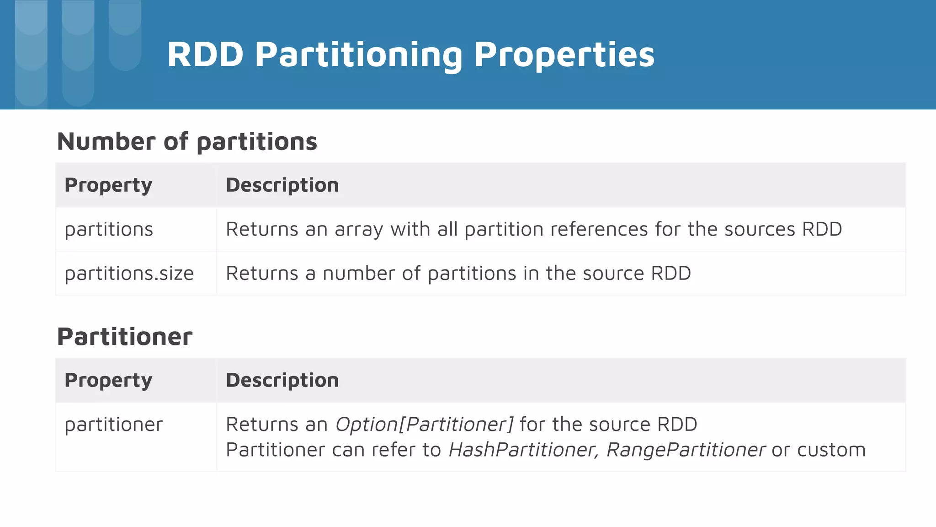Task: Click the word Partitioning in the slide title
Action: pos(358,55)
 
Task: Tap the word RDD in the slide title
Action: pos(205,55)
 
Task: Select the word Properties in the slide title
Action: pos(564,55)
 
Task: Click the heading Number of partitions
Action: pos(187,141)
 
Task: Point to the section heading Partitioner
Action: pos(125,337)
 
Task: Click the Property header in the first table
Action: pos(108,185)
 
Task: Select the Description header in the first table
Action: pos(282,185)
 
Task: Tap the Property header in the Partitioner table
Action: pos(108,381)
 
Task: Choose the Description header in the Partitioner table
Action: pos(282,381)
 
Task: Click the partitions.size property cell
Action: pos(129,274)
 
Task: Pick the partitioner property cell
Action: pos(114,425)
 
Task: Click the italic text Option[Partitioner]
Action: pos(425,425)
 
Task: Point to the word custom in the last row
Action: pos(831,450)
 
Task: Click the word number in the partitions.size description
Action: pos(359,274)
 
